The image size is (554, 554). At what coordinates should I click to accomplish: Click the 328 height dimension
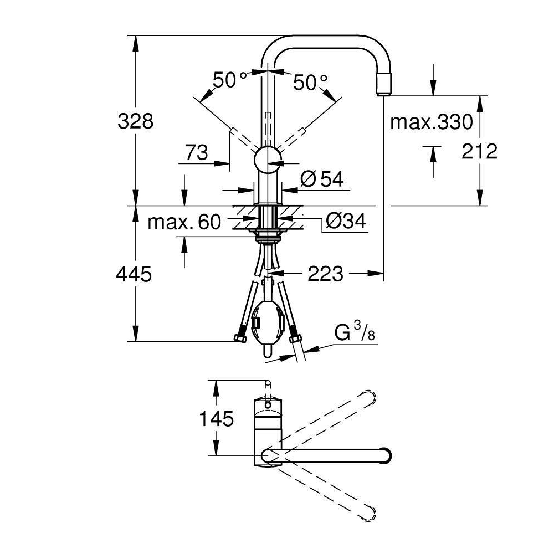(x=136, y=121)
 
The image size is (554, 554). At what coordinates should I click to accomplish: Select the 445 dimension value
(x=134, y=274)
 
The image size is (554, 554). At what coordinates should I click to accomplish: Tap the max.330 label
(x=432, y=122)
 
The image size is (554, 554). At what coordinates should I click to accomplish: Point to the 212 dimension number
(x=479, y=152)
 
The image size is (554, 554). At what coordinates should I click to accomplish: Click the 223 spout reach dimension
(x=325, y=274)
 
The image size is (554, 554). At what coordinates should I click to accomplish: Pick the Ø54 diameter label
(x=322, y=179)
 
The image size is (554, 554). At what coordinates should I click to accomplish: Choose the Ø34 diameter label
(x=346, y=222)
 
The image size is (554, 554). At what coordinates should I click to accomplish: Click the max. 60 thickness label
(x=184, y=222)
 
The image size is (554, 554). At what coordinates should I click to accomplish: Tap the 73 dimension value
(x=197, y=153)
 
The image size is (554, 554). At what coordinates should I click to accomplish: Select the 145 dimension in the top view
(x=217, y=419)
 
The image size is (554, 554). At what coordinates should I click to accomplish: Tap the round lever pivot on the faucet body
(x=268, y=160)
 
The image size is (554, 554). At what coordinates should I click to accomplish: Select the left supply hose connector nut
(x=240, y=338)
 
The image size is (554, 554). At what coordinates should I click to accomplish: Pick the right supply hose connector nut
(x=295, y=340)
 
